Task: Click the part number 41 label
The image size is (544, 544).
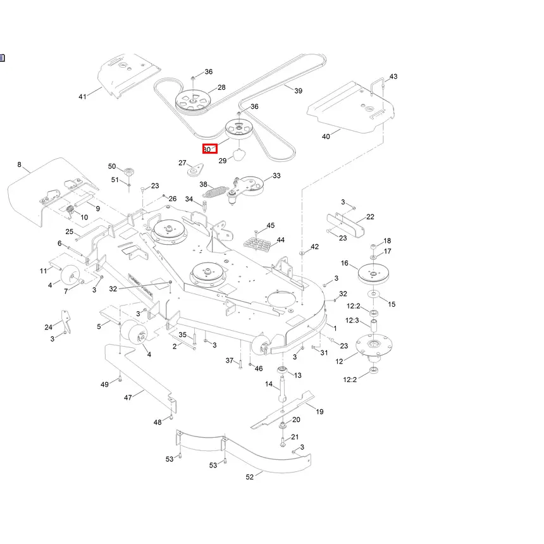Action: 82,97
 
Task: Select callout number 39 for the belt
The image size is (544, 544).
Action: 299,90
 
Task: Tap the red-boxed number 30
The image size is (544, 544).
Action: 209,149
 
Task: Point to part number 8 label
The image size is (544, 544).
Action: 19,165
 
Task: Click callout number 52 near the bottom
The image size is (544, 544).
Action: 249,477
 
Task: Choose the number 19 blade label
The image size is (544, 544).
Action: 319,412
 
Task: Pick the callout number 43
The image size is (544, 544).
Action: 393,77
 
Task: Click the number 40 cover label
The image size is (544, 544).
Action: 326,137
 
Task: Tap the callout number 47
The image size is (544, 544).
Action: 128,397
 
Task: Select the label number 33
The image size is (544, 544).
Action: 276,176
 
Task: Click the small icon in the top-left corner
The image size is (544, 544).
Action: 2,58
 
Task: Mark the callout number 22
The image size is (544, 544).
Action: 370,217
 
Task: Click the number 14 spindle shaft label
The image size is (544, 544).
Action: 269,384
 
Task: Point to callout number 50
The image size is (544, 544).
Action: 112,166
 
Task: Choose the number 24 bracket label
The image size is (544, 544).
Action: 49,327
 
